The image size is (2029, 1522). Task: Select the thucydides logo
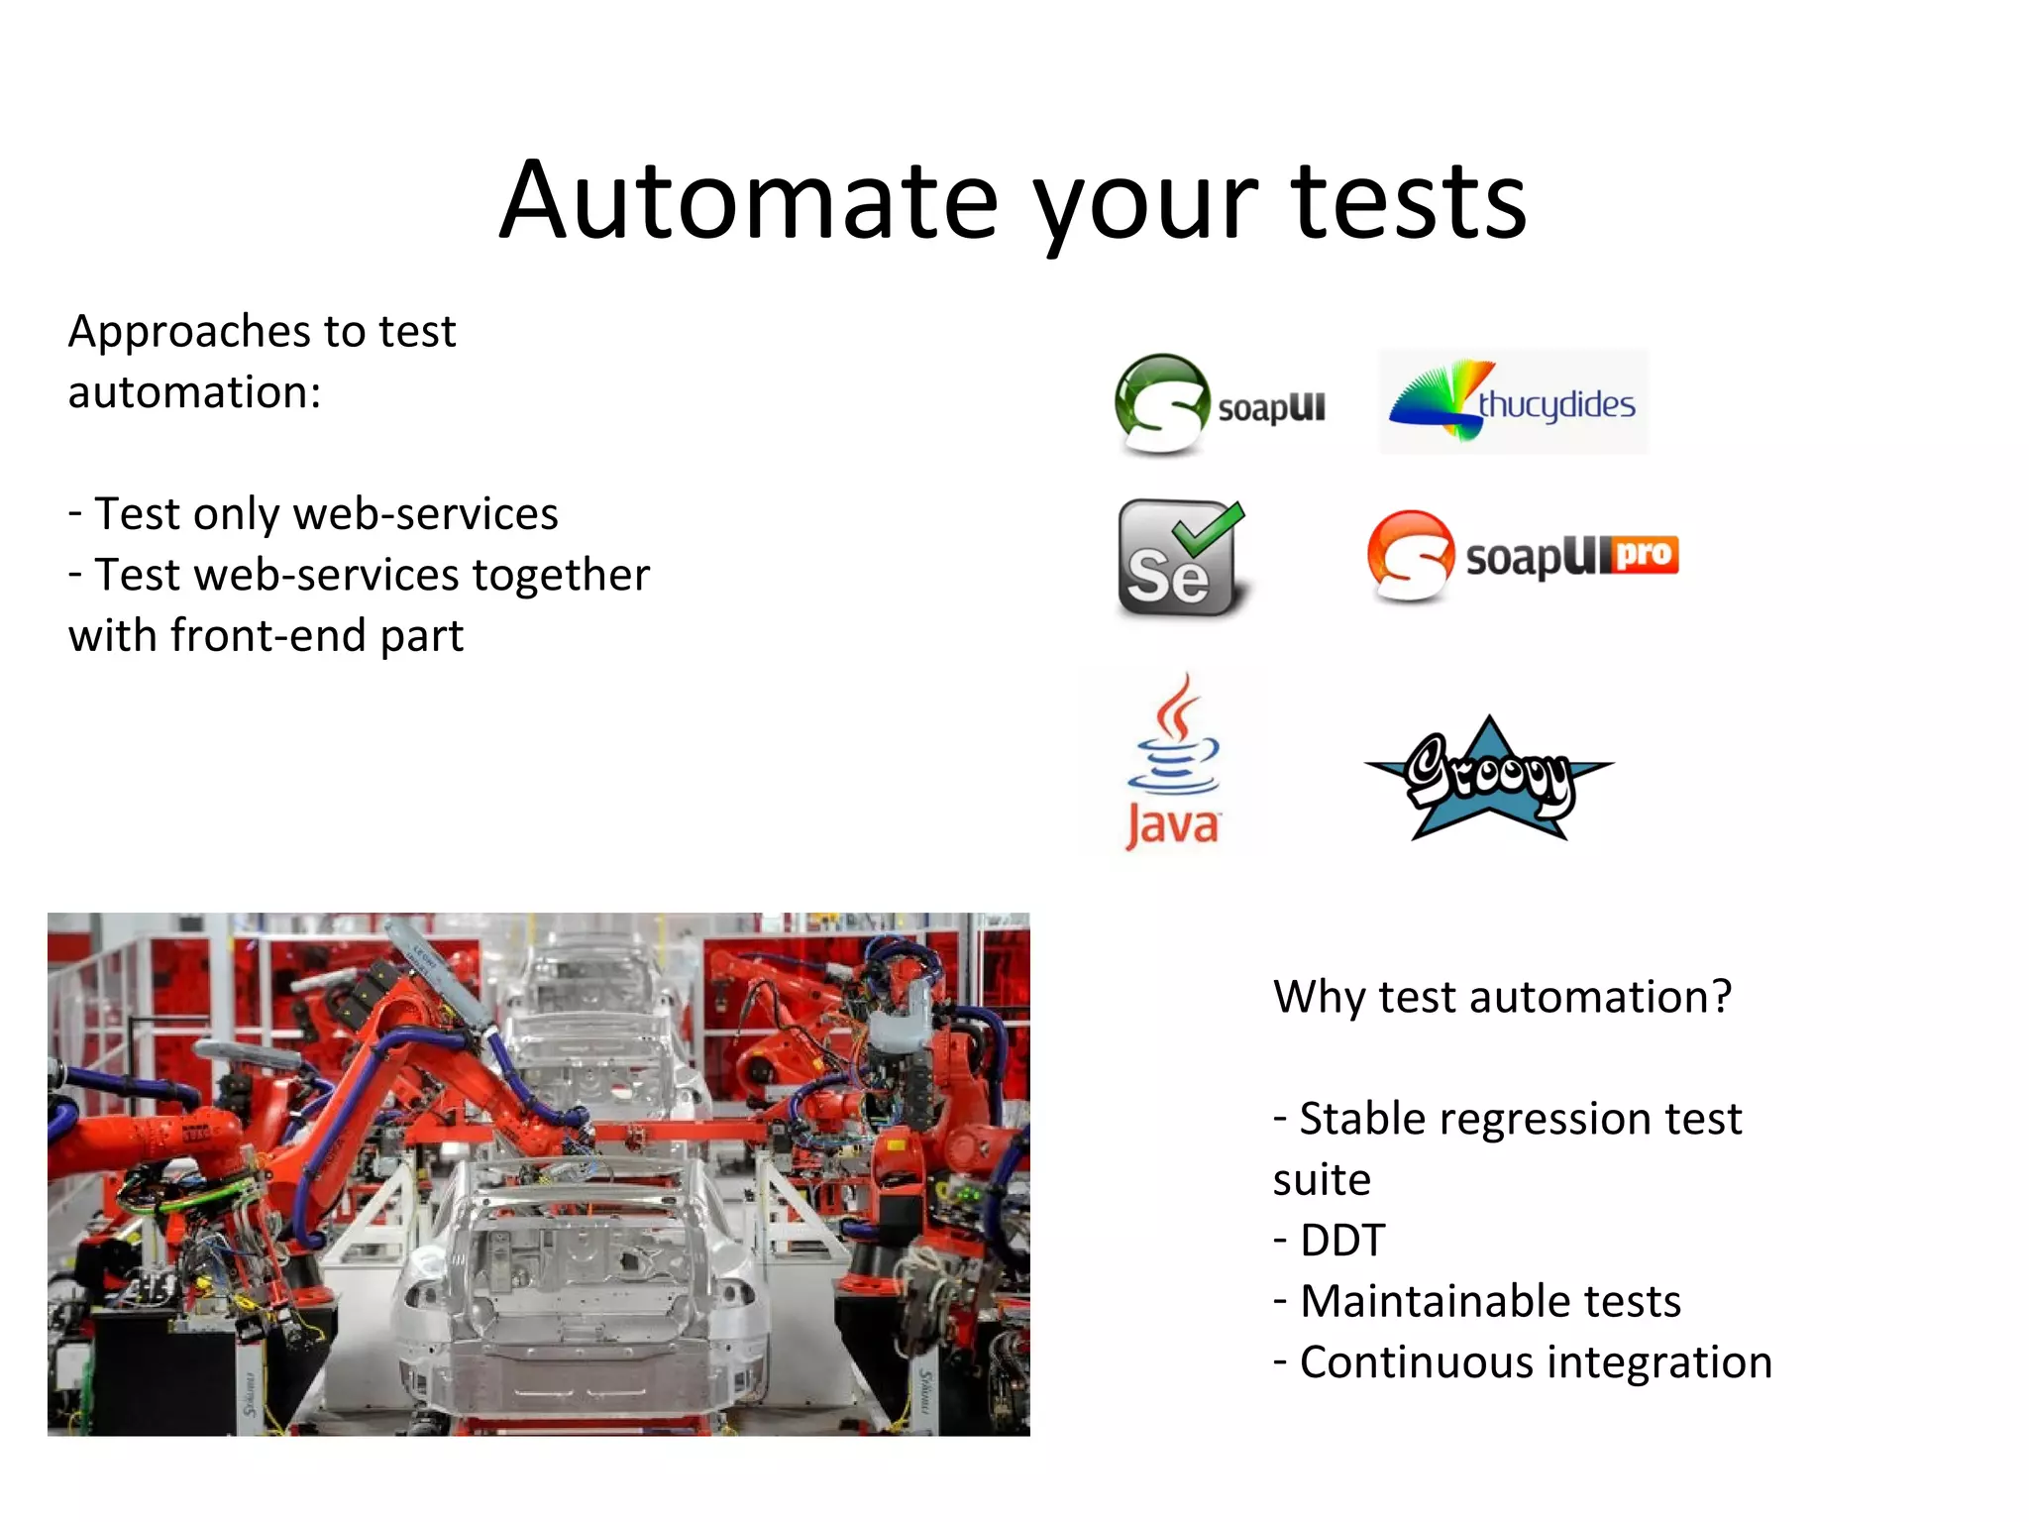[x=1513, y=402]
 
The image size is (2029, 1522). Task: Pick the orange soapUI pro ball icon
[x=1410, y=555]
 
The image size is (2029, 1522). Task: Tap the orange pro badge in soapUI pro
[x=1645, y=554]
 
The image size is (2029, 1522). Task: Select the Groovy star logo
[x=1489, y=778]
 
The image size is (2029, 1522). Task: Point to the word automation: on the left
[x=194, y=392]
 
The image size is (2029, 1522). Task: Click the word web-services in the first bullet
[x=426, y=514]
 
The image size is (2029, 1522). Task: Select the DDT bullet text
[x=1341, y=1241]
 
